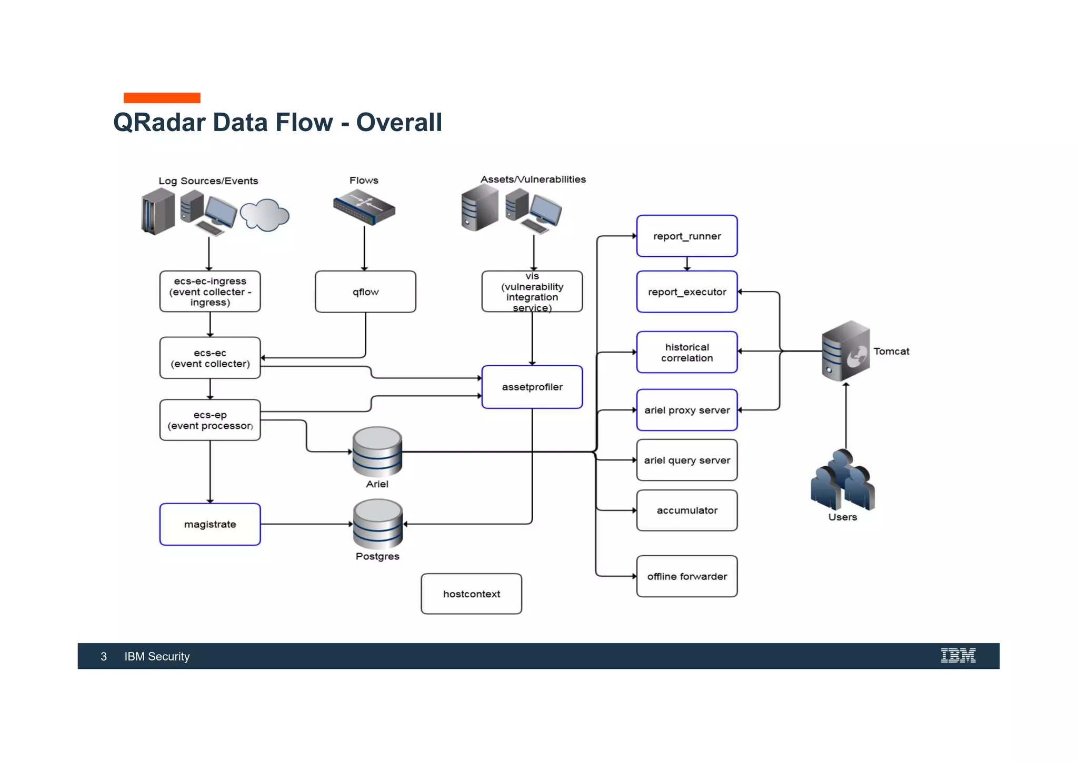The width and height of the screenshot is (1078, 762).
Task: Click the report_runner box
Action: pos(686,236)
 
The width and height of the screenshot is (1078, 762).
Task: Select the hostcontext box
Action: pos(471,594)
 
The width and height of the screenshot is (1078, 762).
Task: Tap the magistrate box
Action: pos(209,524)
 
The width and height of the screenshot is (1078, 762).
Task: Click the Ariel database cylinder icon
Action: pos(377,452)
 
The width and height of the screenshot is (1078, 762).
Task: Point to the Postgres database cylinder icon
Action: pos(377,524)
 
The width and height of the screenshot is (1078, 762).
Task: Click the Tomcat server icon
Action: pos(845,351)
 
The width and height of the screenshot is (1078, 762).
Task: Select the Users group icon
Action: pos(842,480)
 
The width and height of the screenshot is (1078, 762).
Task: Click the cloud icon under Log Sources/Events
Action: pos(265,215)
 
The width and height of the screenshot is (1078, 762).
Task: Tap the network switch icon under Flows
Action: pos(364,208)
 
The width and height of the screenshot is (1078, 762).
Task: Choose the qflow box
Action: pos(365,292)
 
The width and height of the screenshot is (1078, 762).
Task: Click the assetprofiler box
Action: pos(532,387)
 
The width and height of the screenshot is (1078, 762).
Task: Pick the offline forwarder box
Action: pos(686,576)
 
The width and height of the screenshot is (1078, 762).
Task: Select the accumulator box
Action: pos(686,510)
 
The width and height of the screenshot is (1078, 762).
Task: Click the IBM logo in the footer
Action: pos(958,656)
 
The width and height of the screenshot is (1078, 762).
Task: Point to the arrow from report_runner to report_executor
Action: pos(687,264)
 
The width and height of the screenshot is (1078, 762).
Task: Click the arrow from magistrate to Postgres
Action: pos(305,524)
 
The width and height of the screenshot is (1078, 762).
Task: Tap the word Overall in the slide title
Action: pos(399,122)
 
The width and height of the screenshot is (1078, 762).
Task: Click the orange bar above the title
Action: pos(162,98)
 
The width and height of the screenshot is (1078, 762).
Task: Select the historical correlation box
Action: pos(686,352)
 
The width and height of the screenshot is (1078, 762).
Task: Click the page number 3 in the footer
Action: pos(104,656)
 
